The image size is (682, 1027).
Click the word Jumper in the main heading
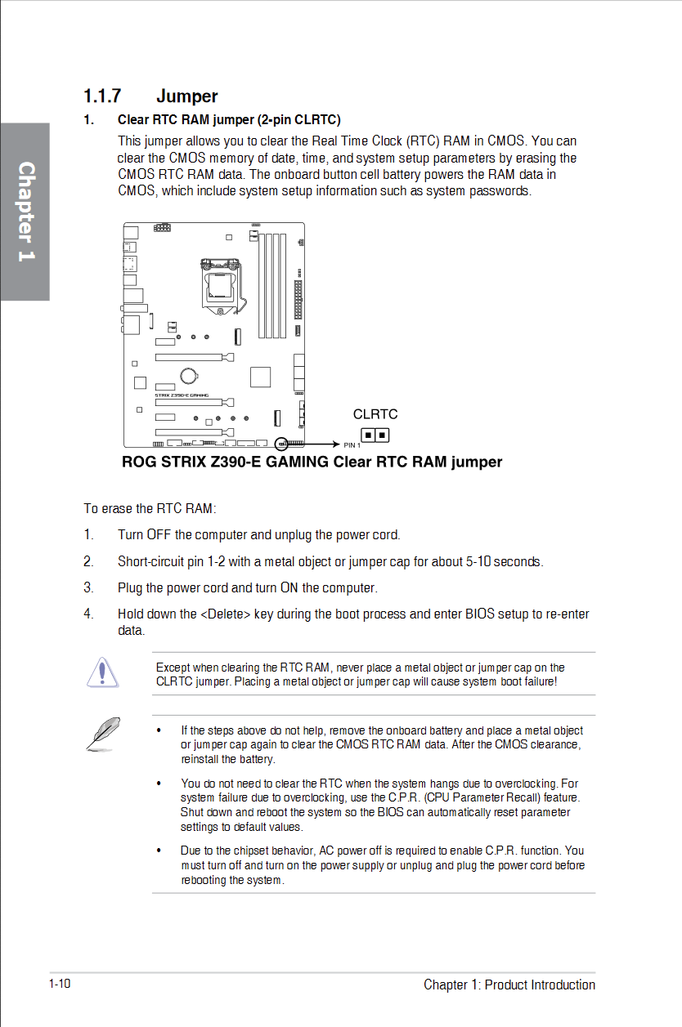click(x=186, y=96)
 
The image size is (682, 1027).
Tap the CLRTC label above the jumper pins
click(x=375, y=414)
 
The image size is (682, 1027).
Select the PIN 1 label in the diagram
click(x=352, y=445)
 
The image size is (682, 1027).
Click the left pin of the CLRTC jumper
click(x=368, y=435)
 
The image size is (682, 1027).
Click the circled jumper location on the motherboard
click(x=282, y=444)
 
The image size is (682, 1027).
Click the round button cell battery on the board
click(x=189, y=376)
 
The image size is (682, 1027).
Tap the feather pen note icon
click(x=103, y=732)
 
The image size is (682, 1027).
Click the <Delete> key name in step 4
click(x=225, y=614)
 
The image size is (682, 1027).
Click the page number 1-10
click(x=60, y=983)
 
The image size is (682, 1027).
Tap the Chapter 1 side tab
click(x=25, y=211)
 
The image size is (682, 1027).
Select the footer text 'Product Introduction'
click(x=540, y=985)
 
